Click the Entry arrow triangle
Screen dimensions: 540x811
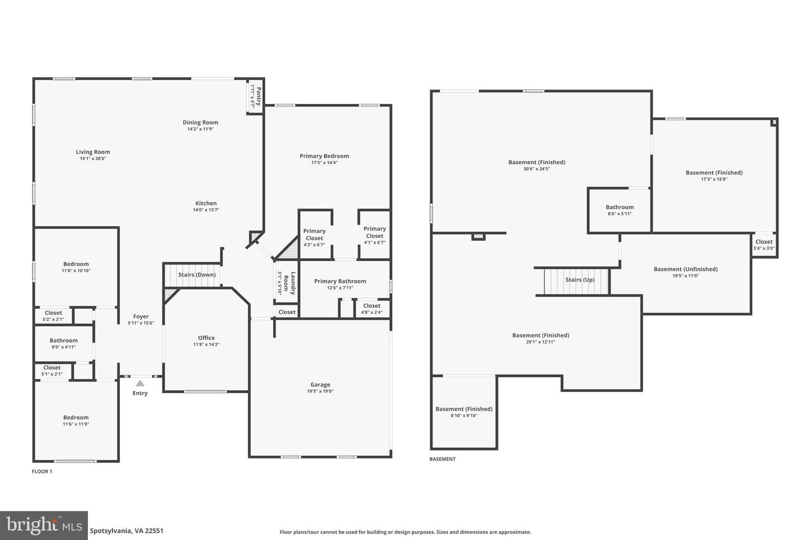[x=140, y=383]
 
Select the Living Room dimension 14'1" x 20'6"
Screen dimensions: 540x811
[x=93, y=159]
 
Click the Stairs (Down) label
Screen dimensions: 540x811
[x=197, y=274]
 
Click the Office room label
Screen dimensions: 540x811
[x=206, y=337]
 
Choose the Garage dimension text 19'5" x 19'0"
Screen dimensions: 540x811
[x=320, y=391]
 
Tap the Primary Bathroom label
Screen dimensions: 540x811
[x=340, y=281]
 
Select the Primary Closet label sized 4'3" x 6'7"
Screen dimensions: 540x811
[x=314, y=235]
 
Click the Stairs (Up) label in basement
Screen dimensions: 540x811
[x=580, y=280]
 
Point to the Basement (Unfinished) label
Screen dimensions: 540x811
[x=685, y=269]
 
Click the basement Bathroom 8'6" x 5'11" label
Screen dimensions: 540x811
[x=620, y=207]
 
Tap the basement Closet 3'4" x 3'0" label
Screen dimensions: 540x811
[x=764, y=242]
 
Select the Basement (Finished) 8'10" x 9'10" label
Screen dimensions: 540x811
[x=464, y=409]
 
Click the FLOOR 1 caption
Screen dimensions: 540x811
[x=42, y=471]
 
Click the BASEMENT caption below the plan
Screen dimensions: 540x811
[x=442, y=459]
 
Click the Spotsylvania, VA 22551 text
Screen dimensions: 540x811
[x=127, y=530]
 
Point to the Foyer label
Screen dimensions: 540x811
[x=141, y=317]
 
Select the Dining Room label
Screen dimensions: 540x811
[x=200, y=122]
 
